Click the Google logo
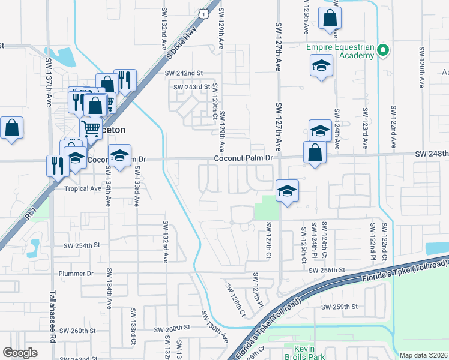pos(20,353)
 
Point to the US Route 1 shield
pos(206,13)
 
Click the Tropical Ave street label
pos(83,188)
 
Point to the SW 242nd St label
pos(184,73)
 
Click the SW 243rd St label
pos(192,87)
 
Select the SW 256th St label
pos(327,271)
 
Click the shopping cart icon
pos(91,127)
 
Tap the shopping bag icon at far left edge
pos(11,128)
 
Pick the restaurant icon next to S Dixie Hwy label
pos(125,80)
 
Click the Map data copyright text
pos(423,355)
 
